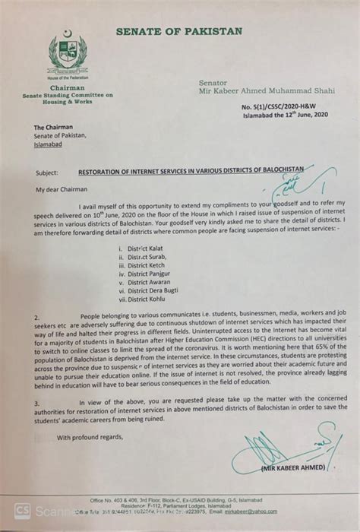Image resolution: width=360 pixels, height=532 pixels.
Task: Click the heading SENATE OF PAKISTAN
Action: [x=179, y=31]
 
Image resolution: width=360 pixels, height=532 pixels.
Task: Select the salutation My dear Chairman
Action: [x=62, y=188]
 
